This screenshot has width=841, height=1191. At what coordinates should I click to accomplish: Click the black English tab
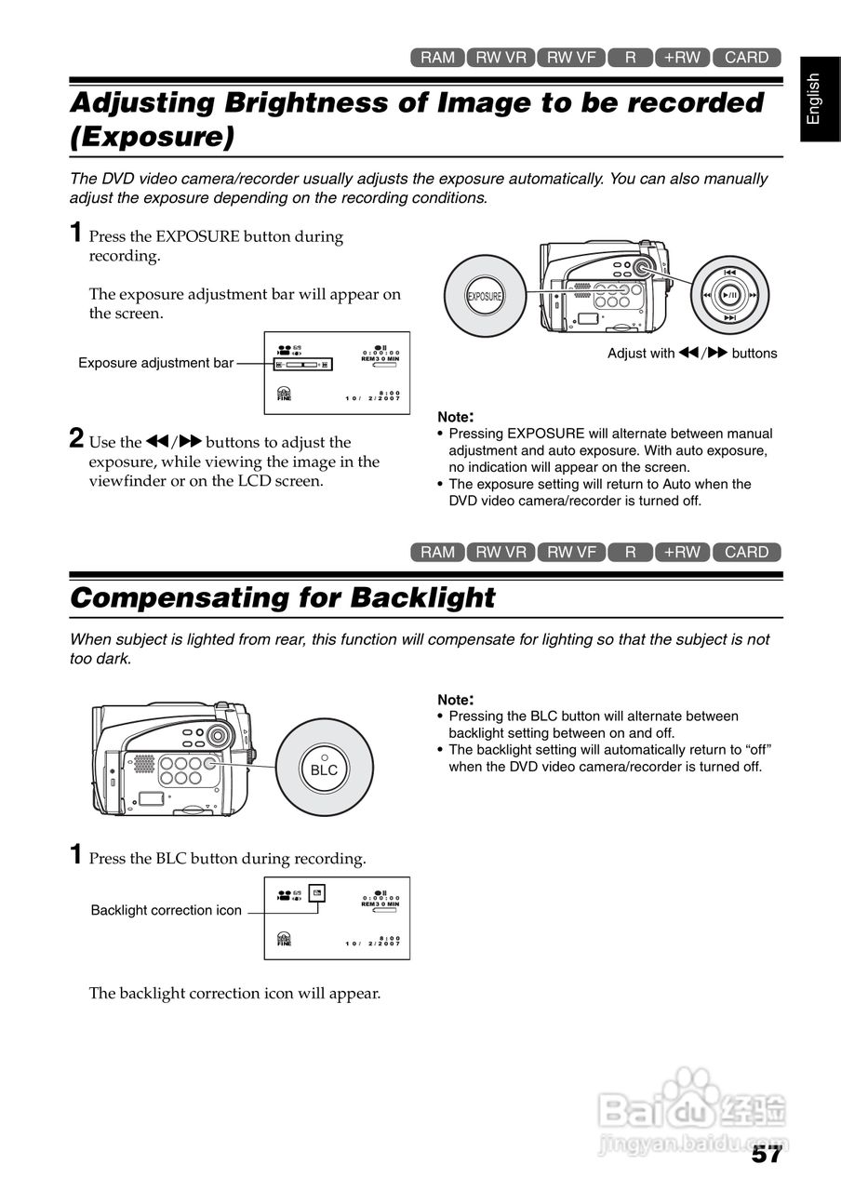[814, 99]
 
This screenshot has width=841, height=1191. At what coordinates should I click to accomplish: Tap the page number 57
[766, 1155]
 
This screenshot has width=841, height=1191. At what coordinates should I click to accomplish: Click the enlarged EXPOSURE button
[484, 297]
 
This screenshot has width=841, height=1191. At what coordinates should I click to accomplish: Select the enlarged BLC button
[324, 769]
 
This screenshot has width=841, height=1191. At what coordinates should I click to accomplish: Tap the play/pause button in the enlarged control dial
[730, 295]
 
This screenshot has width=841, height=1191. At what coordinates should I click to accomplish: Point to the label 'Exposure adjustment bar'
[155, 363]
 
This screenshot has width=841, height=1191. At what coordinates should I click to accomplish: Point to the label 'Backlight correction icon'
[166, 910]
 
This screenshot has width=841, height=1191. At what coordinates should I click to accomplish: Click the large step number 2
[77, 438]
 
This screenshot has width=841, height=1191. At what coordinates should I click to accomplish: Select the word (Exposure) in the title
[151, 137]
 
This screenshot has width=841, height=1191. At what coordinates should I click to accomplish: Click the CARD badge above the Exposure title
[746, 58]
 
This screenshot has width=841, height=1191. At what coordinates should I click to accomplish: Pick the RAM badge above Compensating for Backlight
[437, 552]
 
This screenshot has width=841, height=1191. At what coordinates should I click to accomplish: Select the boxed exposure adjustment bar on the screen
[302, 365]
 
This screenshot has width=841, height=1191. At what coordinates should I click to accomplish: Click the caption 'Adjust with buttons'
[691, 354]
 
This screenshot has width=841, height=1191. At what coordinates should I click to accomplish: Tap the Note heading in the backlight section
[456, 699]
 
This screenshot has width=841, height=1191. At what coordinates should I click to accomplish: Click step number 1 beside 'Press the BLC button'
[77, 854]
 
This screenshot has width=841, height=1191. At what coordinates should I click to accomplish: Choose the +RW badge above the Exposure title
[682, 58]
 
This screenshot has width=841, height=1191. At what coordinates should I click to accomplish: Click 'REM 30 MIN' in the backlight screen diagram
[380, 903]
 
